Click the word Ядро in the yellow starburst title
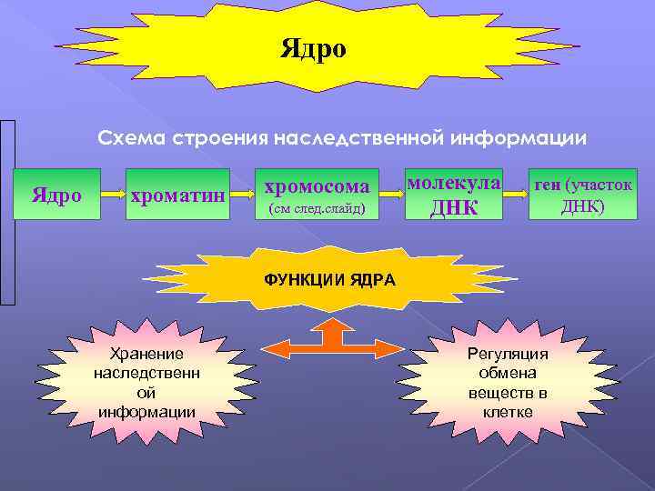[x=314, y=48]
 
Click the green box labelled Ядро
[x=56, y=195]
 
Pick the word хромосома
[x=317, y=186]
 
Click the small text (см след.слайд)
[x=314, y=209]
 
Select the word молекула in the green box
[x=454, y=182]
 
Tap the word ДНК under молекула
[x=454, y=207]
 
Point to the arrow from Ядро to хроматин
[x=111, y=195]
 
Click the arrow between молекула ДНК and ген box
[x=516, y=194]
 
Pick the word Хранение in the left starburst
[x=146, y=354]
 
